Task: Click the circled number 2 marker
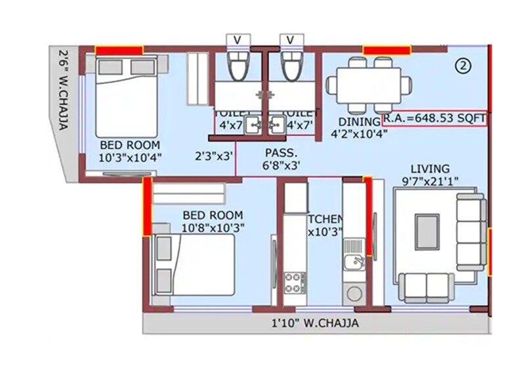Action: [463, 66]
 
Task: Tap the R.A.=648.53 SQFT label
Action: [434, 119]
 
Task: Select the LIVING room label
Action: [430, 168]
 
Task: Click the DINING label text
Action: [359, 122]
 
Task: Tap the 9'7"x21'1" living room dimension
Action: [430, 180]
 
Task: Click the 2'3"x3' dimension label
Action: [214, 156]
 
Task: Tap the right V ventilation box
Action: [290, 40]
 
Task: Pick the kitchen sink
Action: [355, 263]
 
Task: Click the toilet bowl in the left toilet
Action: [238, 66]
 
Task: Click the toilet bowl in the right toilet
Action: [290, 66]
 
